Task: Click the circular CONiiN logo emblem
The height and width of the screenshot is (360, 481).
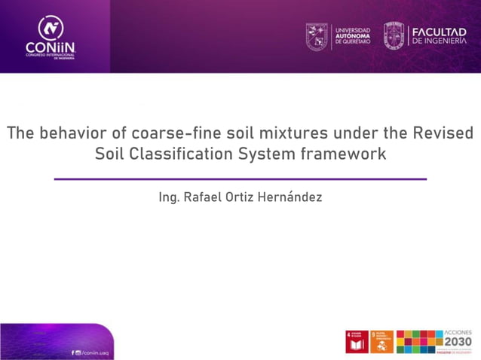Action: (51, 28)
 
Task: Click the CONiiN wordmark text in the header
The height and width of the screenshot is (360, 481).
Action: (51, 48)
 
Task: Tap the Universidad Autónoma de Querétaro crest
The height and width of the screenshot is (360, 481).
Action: (317, 35)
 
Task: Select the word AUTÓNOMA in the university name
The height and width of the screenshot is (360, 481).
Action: (353, 35)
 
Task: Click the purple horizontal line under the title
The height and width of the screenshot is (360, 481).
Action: (240, 179)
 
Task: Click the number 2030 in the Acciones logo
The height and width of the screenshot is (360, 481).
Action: (458, 342)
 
